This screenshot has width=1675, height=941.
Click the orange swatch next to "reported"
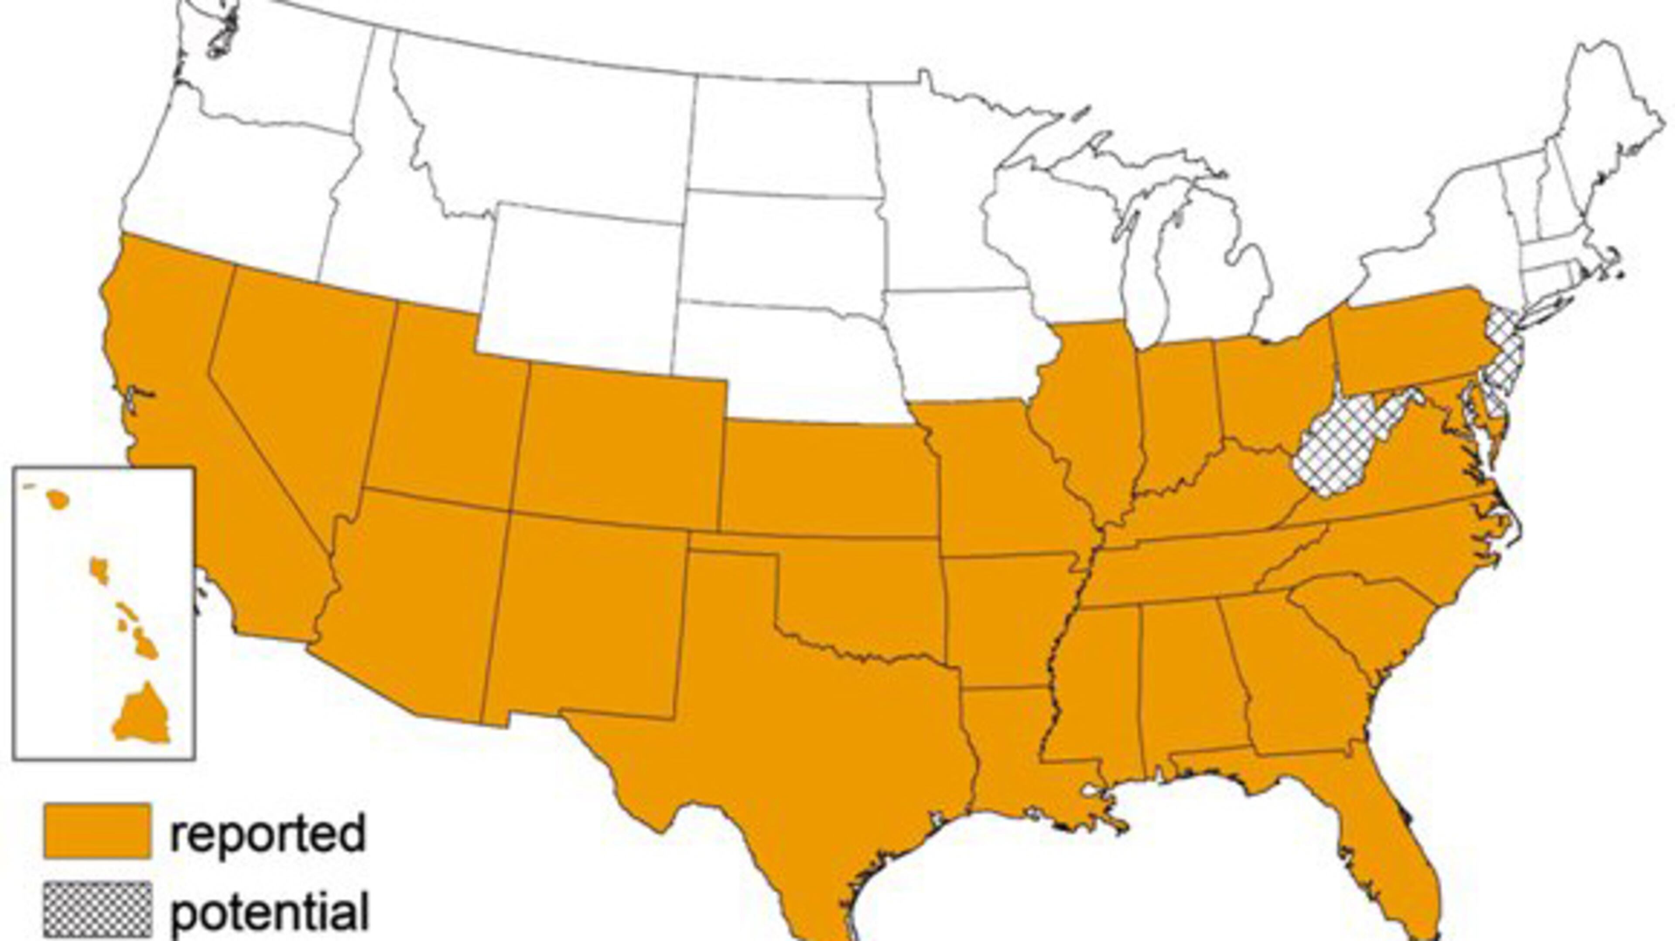[x=98, y=831]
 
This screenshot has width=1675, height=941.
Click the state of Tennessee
[x=1190, y=566]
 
